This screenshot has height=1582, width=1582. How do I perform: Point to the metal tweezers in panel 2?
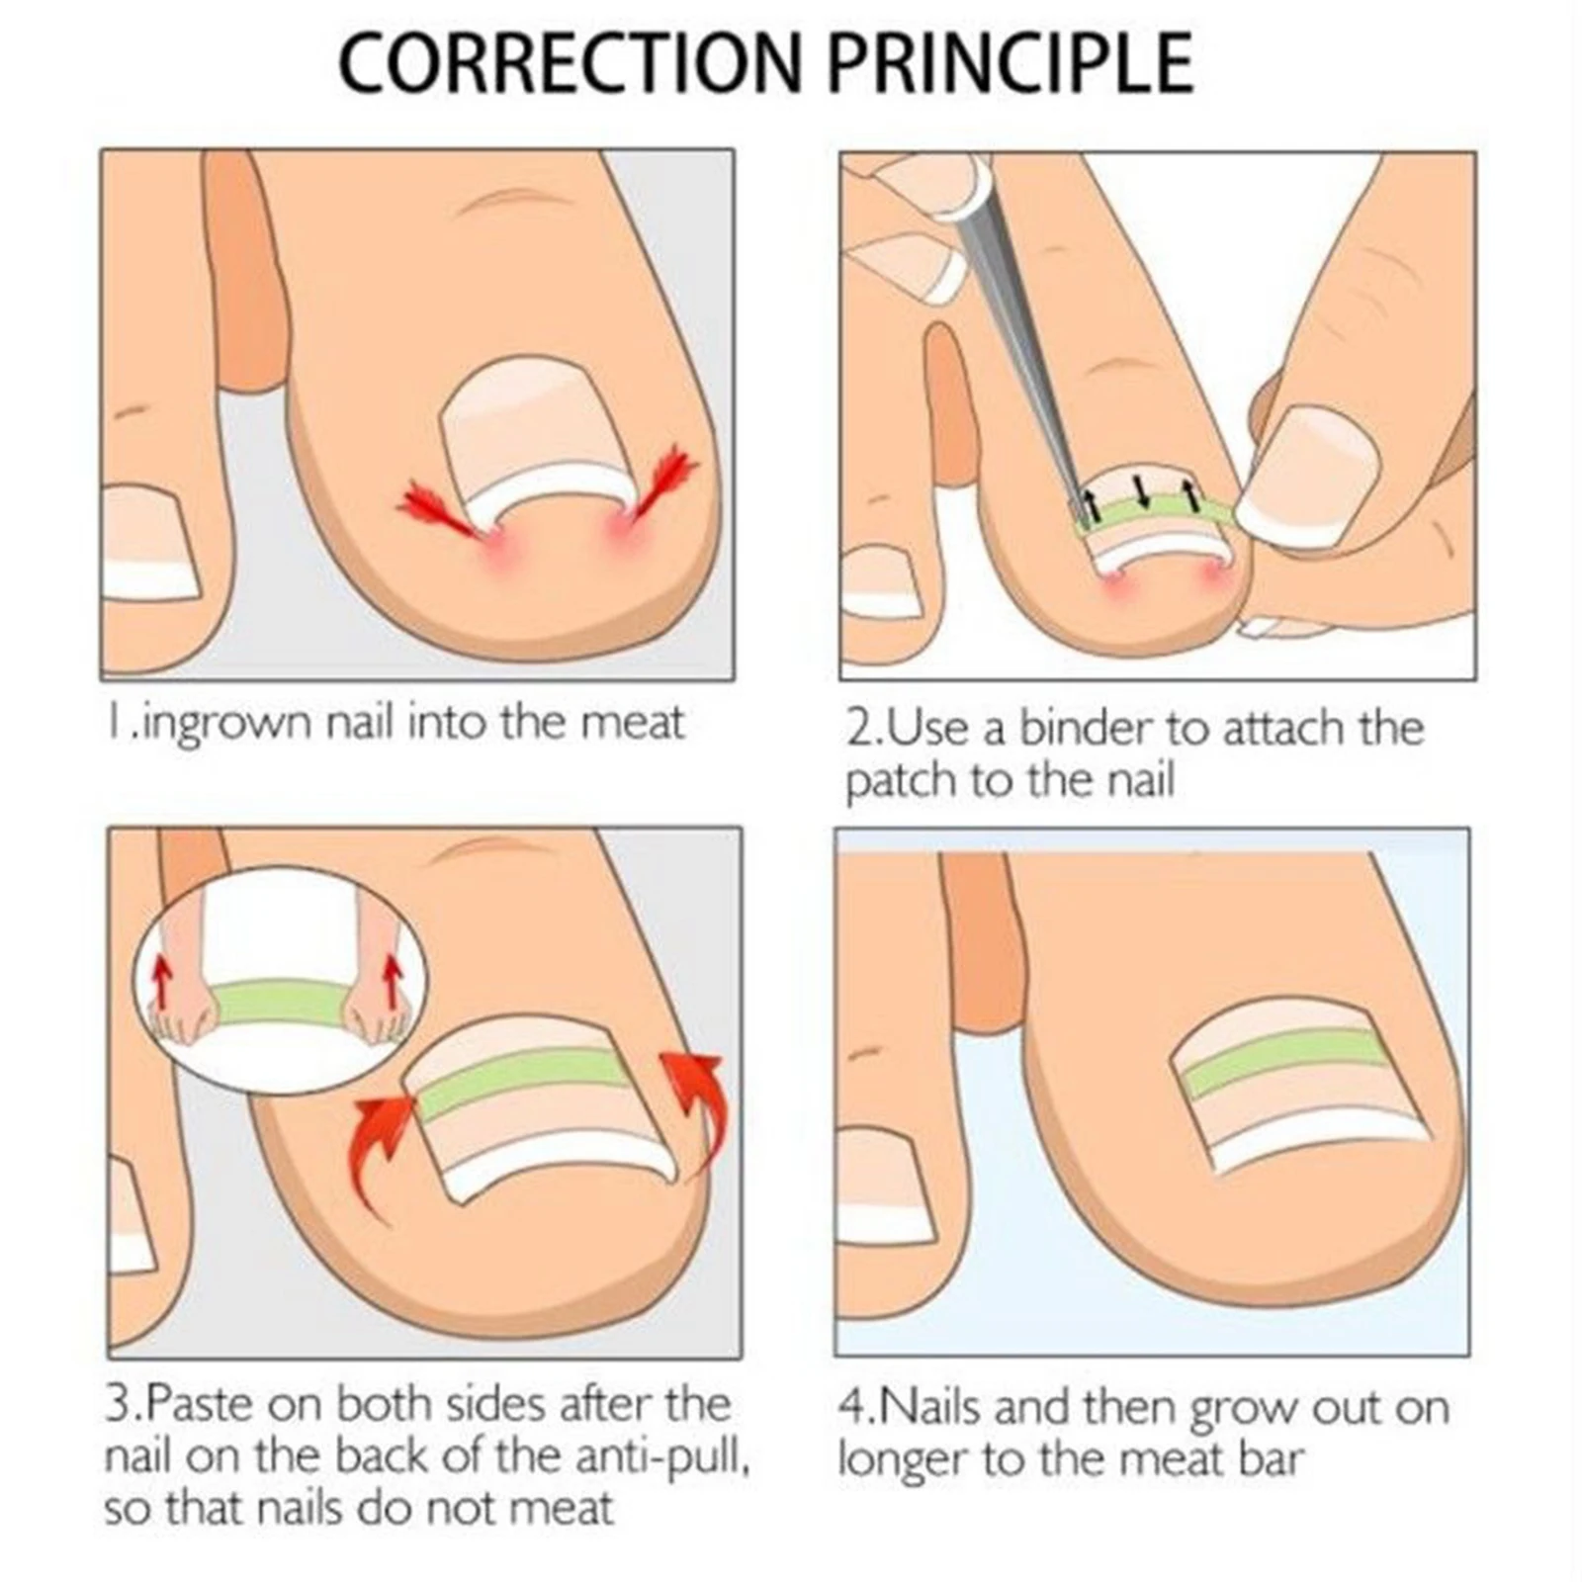(1018, 326)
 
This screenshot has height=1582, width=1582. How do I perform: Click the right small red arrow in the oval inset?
(393, 980)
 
